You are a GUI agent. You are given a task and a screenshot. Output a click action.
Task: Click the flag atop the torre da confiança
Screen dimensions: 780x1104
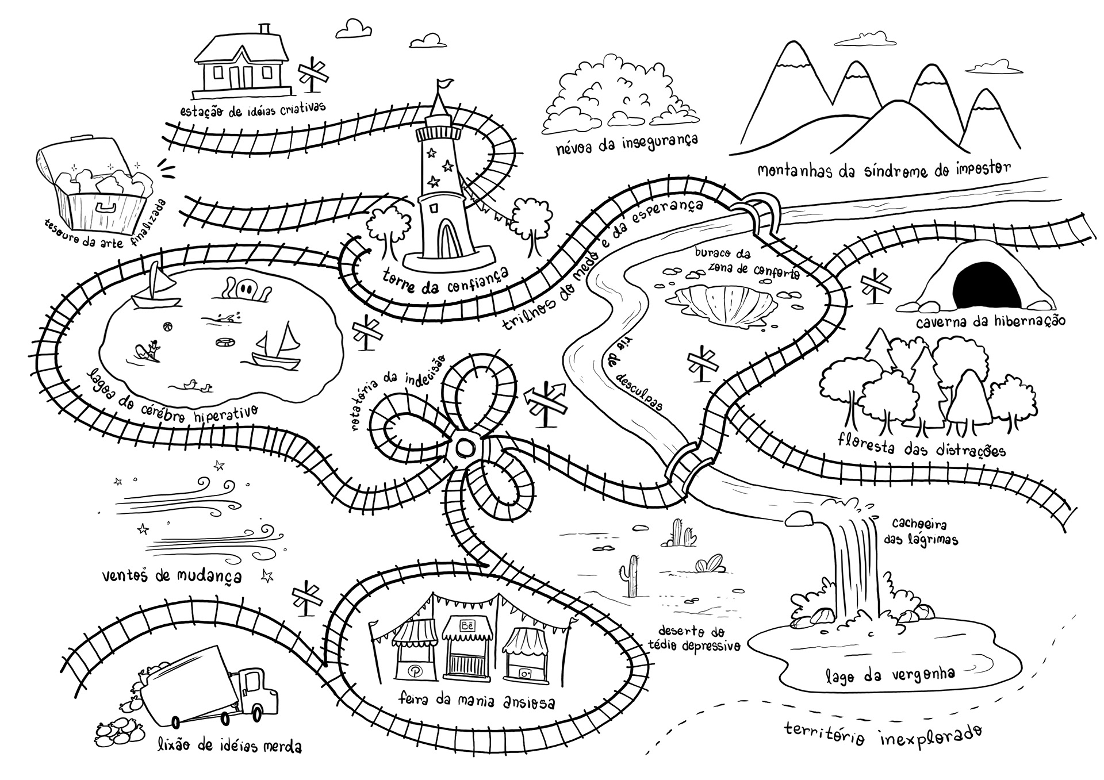tap(445, 84)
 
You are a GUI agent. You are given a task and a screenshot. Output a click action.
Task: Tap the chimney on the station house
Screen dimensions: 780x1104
tap(265, 30)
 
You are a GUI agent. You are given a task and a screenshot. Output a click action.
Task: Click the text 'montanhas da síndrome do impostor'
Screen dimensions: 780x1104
tap(883, 171)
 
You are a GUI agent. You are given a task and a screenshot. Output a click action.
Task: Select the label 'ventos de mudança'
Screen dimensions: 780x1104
tap(171, 575)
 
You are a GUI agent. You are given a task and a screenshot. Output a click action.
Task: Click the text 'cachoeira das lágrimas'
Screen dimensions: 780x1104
tap(920, 532)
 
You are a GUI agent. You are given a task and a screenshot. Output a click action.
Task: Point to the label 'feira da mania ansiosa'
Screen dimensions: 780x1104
tap(477, 701)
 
